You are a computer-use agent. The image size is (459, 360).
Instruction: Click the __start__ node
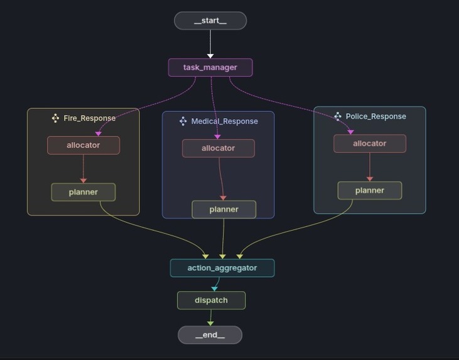point(210,21)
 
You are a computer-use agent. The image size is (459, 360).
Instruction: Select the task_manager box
point(210,67)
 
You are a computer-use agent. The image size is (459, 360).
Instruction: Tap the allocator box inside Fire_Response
point(84,145)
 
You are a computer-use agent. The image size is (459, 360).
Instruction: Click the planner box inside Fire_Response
point(84,192)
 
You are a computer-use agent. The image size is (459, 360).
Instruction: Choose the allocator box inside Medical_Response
point(219,148)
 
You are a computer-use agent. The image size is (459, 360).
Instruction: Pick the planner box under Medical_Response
point(224,209)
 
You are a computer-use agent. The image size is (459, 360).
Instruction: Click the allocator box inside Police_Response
point(370,143)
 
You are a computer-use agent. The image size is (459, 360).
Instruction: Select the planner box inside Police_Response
point(370,190)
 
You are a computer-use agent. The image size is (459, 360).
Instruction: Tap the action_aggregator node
point(222,268)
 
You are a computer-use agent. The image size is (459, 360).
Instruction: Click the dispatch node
point(211,300)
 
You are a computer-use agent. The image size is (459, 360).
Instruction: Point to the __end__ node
point(210,335)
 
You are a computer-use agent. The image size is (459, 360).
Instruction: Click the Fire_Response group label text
point(89,118)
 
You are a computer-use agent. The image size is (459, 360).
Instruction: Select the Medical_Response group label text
point(224,121)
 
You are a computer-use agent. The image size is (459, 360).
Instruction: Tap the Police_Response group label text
point(375,116)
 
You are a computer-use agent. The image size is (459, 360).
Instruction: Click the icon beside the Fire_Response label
point(55,118)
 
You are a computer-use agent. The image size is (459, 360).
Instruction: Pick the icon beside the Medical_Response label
point(183,121)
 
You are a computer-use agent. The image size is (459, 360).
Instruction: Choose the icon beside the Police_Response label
point(338,116)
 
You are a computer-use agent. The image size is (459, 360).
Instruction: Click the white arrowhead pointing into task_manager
point(210,56)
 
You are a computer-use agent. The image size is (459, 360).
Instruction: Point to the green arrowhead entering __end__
point(210,324)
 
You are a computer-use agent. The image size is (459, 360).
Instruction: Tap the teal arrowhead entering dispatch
point(215,289)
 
